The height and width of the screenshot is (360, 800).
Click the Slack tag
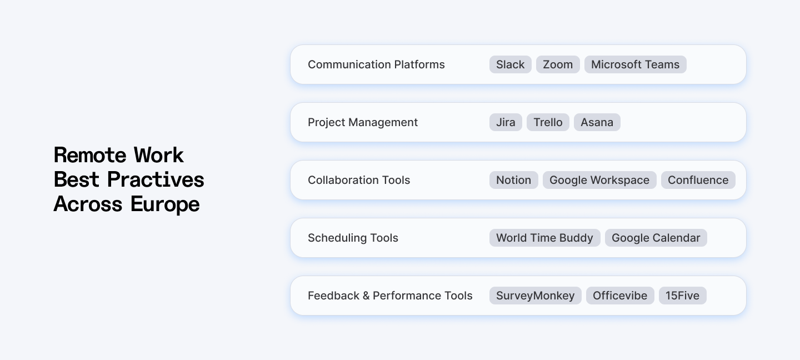510,64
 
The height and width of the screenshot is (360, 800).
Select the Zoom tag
558,64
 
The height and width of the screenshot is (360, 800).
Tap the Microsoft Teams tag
635,64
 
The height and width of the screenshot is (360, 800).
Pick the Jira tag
506,122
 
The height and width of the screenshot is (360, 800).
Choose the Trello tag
548,122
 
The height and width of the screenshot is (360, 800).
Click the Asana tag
597,122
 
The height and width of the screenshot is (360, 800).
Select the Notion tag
513,180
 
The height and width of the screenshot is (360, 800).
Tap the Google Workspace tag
599,180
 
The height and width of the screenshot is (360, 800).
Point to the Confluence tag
698,180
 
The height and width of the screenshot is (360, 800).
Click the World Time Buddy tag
544,238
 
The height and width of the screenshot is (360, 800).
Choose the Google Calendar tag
656,238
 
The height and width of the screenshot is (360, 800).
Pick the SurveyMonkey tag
535,296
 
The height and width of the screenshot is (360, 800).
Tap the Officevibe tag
620,296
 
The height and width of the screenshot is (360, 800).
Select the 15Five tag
682,296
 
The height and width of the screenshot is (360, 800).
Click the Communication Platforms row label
376,64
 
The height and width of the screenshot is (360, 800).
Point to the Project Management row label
363,122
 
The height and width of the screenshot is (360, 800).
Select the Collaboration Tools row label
359,180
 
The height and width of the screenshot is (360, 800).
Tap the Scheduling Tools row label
353,238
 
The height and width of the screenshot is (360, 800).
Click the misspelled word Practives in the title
156,179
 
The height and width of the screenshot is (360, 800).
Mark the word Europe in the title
165,204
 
